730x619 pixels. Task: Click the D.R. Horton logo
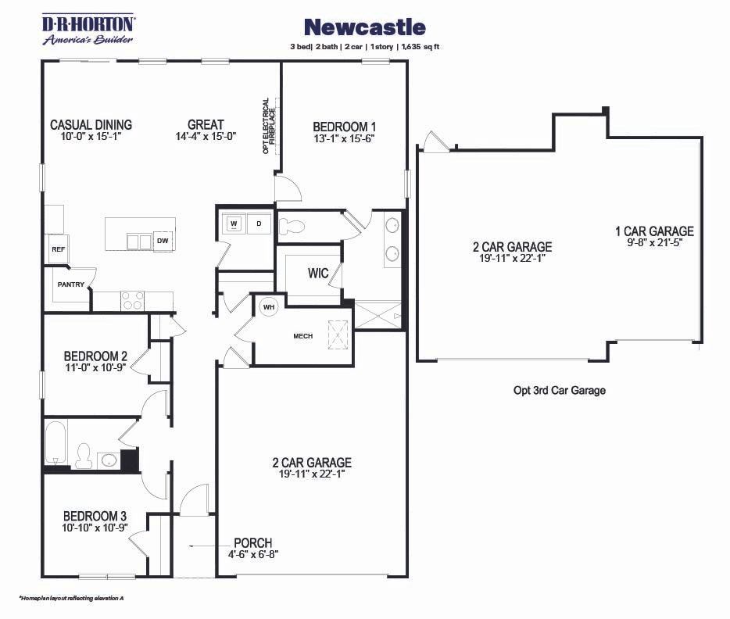[x=88, y=29]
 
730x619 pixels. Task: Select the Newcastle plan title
[x=364, y=27]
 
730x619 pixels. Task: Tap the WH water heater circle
[x=269, y=307]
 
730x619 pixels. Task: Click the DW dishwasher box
[x=163, y=241]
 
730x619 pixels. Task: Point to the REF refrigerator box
[x=57, y=249]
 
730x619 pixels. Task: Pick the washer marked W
[x=233, y=224]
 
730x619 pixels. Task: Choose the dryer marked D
[x=259, y=224]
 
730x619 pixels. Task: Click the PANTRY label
[x=70, y=284]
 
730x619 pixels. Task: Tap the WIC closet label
[x=317, y=274]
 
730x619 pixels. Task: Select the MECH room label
[x=302, y=336]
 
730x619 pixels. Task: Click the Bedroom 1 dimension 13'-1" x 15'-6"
[x=345, y=138]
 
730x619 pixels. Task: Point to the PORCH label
[x=252, y=543]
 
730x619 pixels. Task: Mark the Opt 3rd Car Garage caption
[x=559, y=390]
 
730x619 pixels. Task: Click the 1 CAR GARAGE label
[x=654, y=231]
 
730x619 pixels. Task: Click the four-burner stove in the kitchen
[x=132, y=300]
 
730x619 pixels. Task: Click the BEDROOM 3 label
[x=95, y=516]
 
